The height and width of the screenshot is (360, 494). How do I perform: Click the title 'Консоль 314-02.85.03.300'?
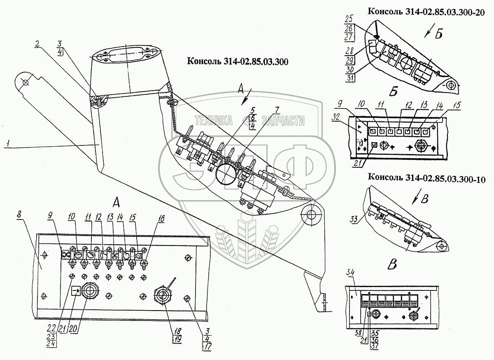(x=237, y=61)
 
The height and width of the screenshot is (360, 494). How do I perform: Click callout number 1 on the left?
(x=9, y=144)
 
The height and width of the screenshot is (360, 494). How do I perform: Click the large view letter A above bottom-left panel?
(x=117, y=202)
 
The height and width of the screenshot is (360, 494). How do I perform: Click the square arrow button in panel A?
(x=76, y=292)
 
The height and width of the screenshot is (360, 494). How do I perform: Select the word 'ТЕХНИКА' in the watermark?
(x=214, y=121)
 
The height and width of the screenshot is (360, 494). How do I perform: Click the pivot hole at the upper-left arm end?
(x=26, y=82)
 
